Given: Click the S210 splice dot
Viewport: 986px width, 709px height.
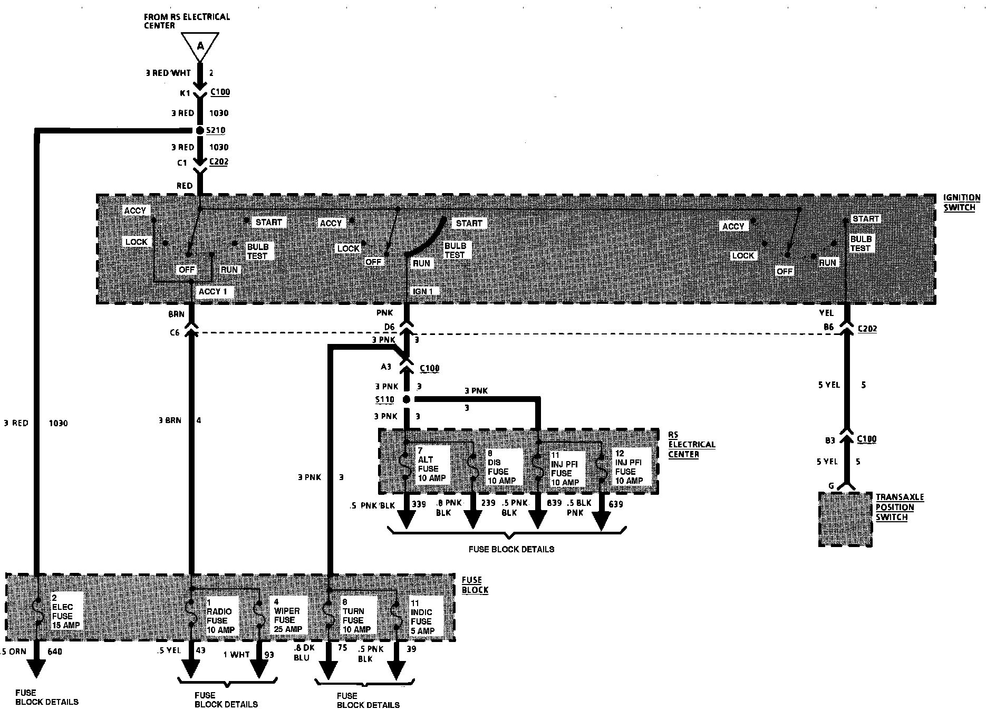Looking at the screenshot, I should (x=200, y=130).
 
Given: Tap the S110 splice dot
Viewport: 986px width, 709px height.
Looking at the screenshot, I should (x=406, y=399).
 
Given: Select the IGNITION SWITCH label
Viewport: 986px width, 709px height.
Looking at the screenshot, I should (x=961, y=203).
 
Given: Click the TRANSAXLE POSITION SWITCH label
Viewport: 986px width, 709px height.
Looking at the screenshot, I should (x=900, y=507).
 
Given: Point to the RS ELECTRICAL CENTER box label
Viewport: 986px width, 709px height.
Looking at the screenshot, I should (x=691, y=444).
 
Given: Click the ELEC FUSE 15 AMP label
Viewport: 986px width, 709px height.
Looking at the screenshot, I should (x=65, y=611).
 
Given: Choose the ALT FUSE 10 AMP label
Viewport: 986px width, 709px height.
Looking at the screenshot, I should (x=431, y=464).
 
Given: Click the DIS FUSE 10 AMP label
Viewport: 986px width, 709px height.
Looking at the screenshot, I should (x=501, y=467).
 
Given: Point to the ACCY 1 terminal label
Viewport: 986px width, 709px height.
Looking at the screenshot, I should (x=213, y=292).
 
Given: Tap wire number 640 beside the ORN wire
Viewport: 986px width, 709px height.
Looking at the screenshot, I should (x=55, y=651).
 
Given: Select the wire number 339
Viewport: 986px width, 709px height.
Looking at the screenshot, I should (x=419, y=504).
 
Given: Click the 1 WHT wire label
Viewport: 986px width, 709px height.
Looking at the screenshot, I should (x=236, y=654).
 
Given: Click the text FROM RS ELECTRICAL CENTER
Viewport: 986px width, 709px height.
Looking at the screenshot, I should (x=187, y=21).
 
